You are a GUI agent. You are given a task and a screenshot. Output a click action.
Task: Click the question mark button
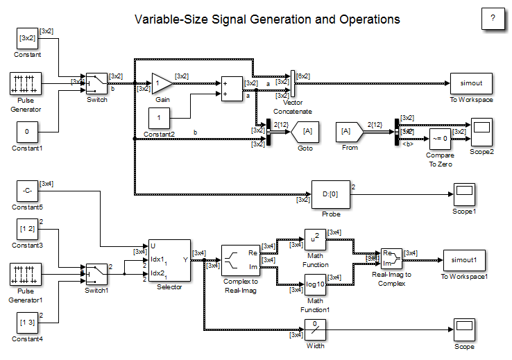[493, 19]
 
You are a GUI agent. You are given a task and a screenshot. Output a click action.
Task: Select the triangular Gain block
[162, 83]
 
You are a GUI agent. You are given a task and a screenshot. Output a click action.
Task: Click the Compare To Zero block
[440, 137]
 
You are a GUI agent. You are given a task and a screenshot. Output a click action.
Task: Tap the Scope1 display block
[464, 192]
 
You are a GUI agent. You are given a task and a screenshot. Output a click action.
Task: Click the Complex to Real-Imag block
[240, 259]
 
